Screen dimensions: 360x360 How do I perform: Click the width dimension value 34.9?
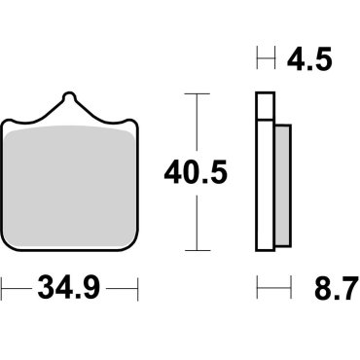[70, 288]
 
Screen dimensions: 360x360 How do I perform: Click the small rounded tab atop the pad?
[70, 100]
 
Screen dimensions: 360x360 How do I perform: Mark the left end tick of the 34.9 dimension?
[3, 288]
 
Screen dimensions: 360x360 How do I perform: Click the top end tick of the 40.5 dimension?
[198, 94]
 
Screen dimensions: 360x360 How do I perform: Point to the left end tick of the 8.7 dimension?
[258, 289]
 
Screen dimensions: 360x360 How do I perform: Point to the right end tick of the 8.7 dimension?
[290, 289]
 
